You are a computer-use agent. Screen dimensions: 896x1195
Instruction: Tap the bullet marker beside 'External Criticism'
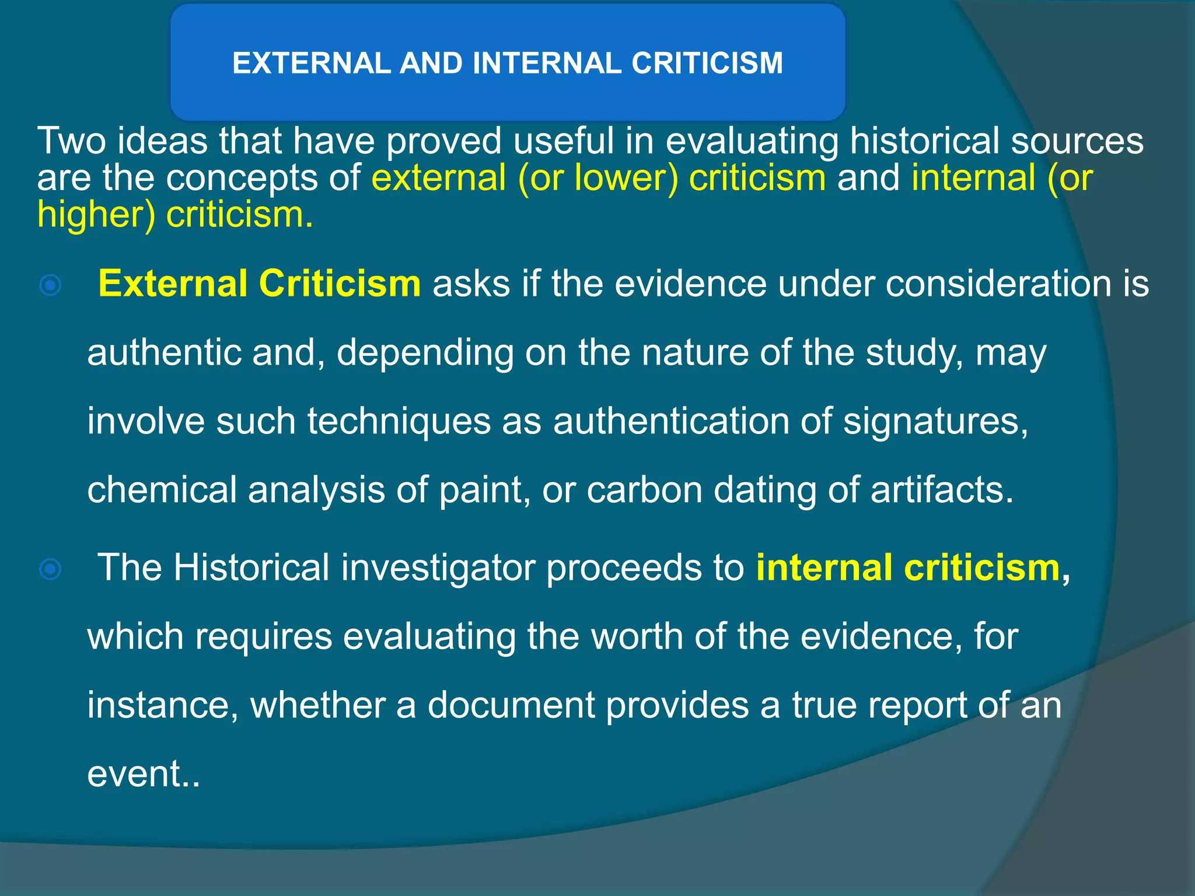tap(51, 285)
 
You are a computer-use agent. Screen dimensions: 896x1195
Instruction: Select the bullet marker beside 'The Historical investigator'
tap(51, 569)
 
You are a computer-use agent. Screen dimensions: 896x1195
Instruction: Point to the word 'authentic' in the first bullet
tap(164, 353)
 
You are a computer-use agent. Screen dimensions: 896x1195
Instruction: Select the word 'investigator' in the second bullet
tap(438, 568)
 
